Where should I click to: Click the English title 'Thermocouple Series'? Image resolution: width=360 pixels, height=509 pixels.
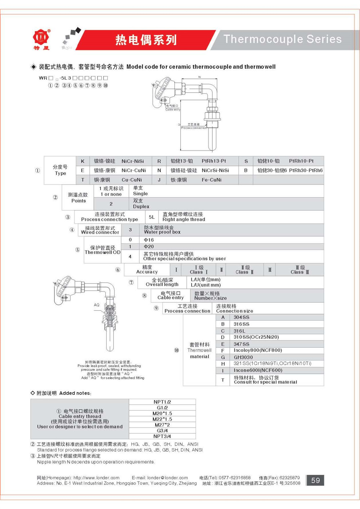(x=283, y=39)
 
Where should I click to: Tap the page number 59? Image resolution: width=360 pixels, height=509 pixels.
(x=315, y=480)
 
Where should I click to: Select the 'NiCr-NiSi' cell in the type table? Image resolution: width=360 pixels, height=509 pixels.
(x=132, y=161)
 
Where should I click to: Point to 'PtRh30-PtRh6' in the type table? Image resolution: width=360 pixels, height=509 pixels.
(x=306, y=170)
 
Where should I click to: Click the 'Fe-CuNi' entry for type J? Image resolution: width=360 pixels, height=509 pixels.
(x=212, y=180)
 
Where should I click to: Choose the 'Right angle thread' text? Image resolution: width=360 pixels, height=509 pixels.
(x=184, y=219)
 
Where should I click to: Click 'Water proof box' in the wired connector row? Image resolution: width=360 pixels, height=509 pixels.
(x=162, y=232)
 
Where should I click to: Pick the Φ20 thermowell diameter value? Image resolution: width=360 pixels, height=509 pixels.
(x=149, y=247)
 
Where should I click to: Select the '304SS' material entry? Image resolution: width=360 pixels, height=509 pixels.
(x=241, y=317)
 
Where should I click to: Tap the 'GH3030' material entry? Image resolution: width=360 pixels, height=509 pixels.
(x=243, y=357)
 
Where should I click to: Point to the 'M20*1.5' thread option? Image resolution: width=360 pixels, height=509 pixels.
(x=162, y=413)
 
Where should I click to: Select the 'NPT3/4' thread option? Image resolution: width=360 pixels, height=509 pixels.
(x=162, y=436)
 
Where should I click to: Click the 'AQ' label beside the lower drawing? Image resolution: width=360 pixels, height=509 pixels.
(x=96, y=305)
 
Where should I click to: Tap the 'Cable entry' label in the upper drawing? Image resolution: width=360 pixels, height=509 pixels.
(x=172, y=109)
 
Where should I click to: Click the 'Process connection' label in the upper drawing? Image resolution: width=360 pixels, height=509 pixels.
(x=194, y=128)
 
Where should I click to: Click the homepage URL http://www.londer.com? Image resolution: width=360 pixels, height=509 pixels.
(x=96, y=478)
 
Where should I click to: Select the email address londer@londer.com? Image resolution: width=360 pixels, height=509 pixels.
(x=167, y=478)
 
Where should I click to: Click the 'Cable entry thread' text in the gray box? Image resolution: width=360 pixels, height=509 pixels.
(x=80, y=416)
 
